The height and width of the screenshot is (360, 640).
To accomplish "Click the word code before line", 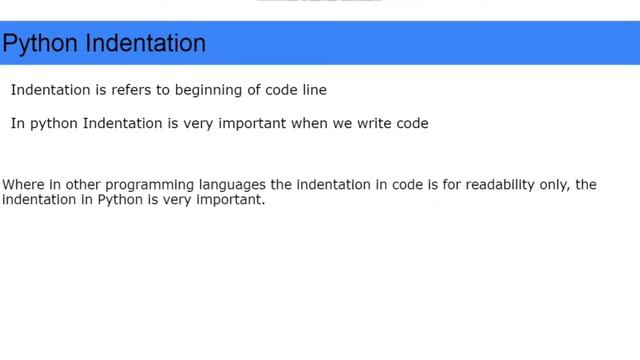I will (x=278, y=91).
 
